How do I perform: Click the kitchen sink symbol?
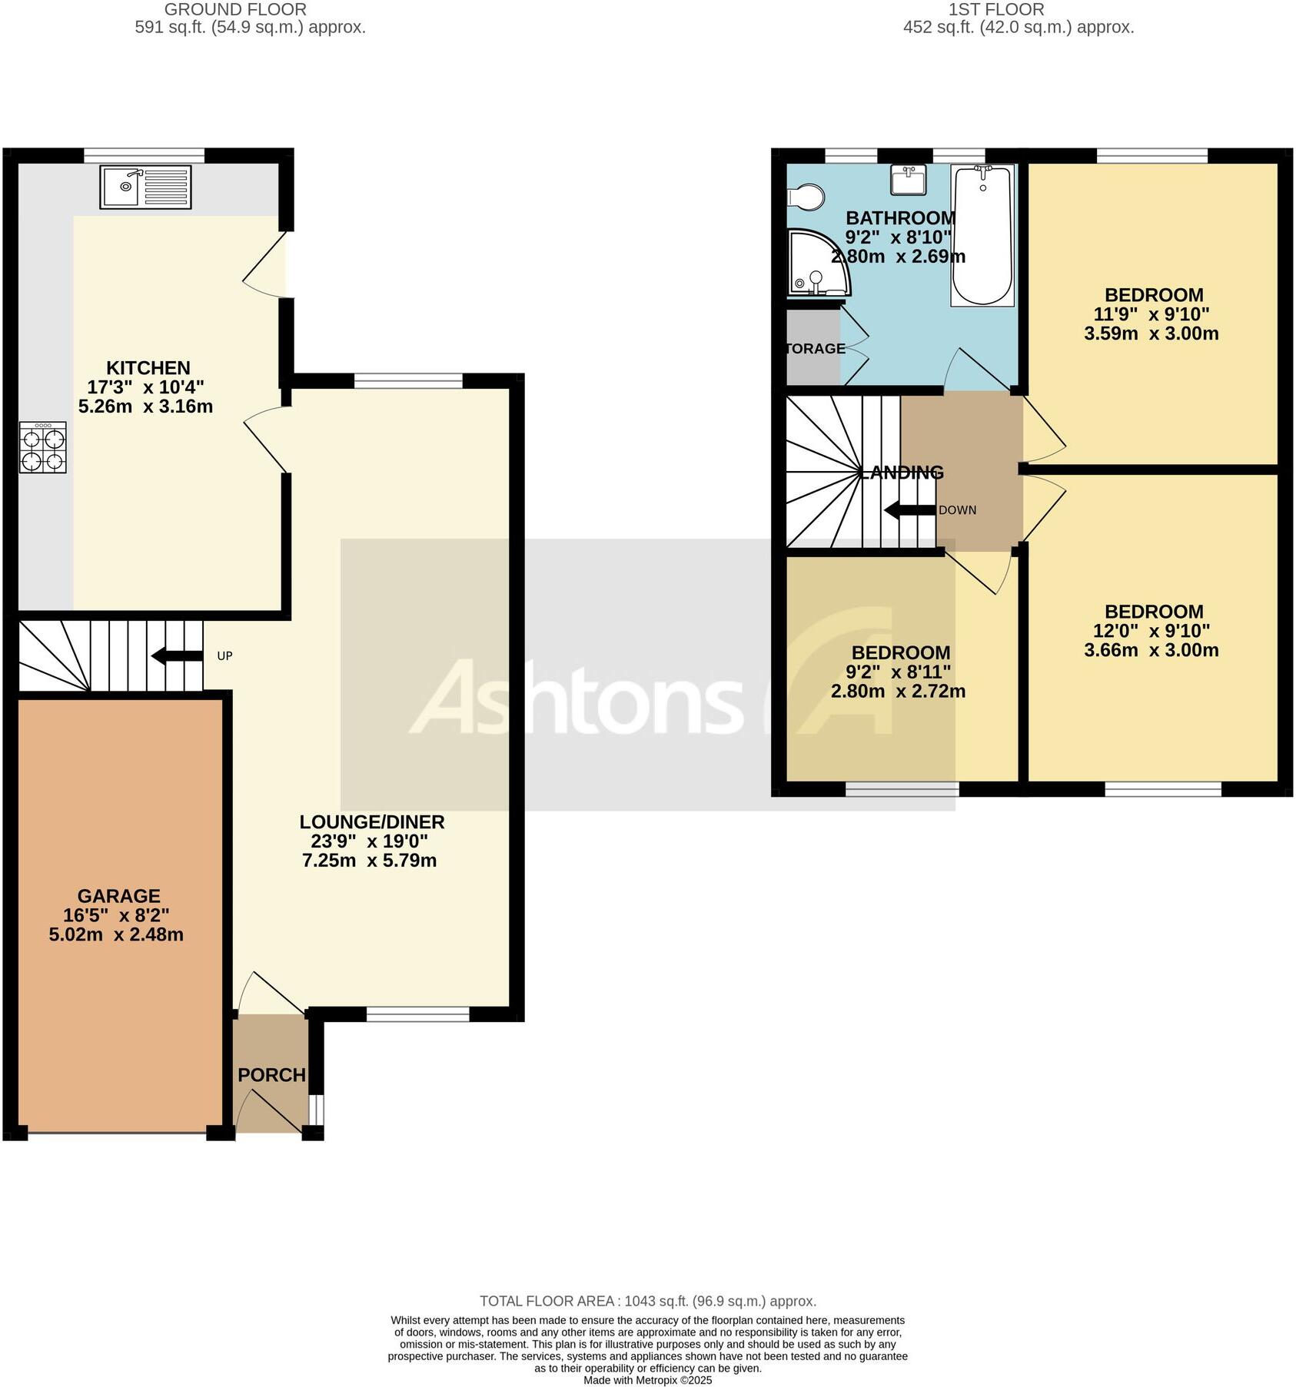coord(145,187)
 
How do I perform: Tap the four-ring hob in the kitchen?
coord(43,449)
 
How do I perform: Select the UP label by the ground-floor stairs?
coord(224,655)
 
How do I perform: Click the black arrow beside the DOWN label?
coord(909,509)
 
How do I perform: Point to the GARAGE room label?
coord(118,896)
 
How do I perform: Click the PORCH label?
coord(271,1075)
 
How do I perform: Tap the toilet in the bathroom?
coord(804,197)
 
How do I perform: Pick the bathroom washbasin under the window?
coord(908,180)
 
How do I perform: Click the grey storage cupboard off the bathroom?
coord(812,347)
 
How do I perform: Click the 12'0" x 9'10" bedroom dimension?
coord(1151,631)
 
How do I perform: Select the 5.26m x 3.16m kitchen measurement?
coord(145,406)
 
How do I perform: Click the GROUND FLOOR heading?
coord(235,10)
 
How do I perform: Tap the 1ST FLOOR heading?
coord(995,10)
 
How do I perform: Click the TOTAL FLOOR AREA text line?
coord(647,1301)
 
